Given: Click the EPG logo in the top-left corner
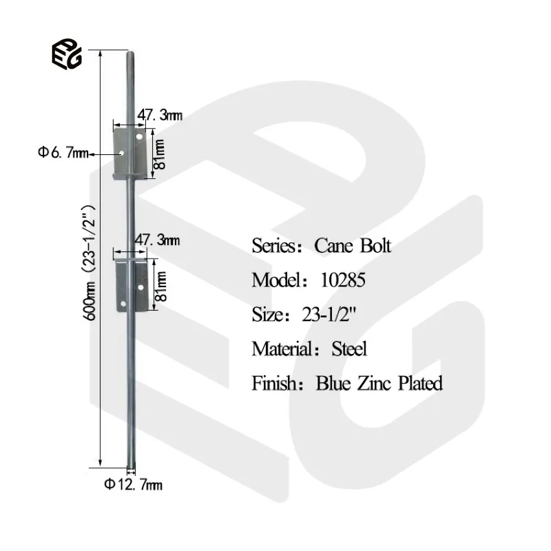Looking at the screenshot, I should pos(66,54).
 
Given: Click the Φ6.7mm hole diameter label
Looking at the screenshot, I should pos(62,154).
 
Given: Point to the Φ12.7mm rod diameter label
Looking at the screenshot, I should pos(133,484).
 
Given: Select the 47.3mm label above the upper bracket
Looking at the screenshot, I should pos(159,115).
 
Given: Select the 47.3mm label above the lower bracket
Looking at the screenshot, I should pos(156,240).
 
